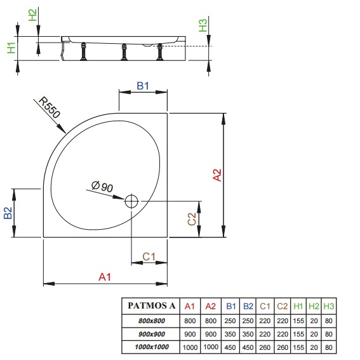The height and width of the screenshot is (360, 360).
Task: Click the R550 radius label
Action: click(50, 107)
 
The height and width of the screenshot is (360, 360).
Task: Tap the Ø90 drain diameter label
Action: click(102, 186)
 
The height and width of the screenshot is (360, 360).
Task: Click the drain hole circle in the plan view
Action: click(131, 201)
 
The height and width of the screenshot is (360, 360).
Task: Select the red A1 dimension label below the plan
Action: click(105, 277)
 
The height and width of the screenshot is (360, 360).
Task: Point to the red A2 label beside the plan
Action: click(217, 175)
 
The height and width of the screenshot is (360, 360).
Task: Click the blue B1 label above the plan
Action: click(143, 86)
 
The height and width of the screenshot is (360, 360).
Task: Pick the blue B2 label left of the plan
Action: click(8, 213)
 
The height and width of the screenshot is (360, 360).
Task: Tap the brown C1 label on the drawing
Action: click(149, 257)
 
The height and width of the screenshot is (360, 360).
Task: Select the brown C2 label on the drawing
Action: click(192, 219)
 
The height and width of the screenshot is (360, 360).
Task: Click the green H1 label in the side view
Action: click(11, 48)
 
